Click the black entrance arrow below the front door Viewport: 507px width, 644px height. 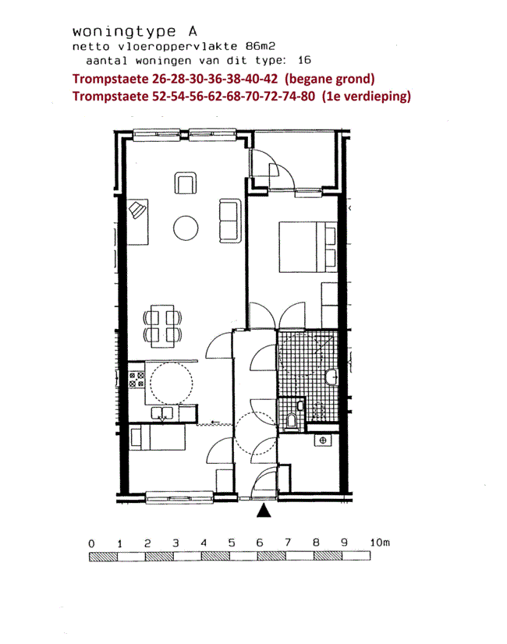click(264, 511)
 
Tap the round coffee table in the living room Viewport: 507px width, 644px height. click(186, 228)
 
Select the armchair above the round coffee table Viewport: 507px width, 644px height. click(186, 183)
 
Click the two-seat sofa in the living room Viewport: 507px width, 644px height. click(230, 221)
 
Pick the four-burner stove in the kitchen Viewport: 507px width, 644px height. click(136, 380)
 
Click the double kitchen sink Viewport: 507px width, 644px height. click(162, 413)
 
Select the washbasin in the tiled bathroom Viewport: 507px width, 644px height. click(331, 377)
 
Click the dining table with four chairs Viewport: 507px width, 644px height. click(162, 326)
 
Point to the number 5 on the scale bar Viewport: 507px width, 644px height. click(232, 543)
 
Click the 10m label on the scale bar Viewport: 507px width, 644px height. click(380, 543)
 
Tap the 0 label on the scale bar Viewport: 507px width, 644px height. click(91, 543)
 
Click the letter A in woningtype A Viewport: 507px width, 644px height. click(193, 31)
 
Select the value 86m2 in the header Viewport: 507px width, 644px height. click(260, 46)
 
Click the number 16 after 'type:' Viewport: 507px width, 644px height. click(304, 60)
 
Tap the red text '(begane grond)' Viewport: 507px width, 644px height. click(329, 79)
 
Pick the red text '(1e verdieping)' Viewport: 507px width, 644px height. click(366, 96)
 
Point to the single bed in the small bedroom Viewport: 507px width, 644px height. click(158, 437)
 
